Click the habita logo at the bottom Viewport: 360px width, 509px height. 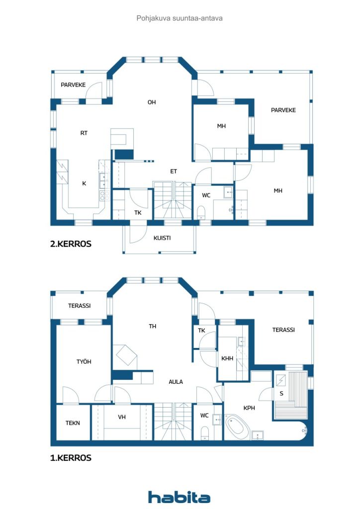179,497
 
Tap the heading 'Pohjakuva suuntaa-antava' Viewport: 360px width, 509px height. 180,18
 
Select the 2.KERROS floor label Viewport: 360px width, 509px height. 71,245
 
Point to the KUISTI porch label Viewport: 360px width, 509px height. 163,238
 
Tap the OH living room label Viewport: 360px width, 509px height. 152,102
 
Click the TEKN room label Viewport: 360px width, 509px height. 73,423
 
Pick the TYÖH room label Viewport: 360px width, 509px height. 83,362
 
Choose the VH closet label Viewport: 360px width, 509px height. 122,417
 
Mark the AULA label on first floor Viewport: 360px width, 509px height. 176,382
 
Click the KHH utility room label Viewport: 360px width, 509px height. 227,358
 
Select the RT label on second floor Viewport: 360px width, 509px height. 84,133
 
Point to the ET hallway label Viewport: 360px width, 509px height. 174,171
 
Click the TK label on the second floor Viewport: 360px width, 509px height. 138,212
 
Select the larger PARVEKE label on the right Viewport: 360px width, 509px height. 283,110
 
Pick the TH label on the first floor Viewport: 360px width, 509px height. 153,327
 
